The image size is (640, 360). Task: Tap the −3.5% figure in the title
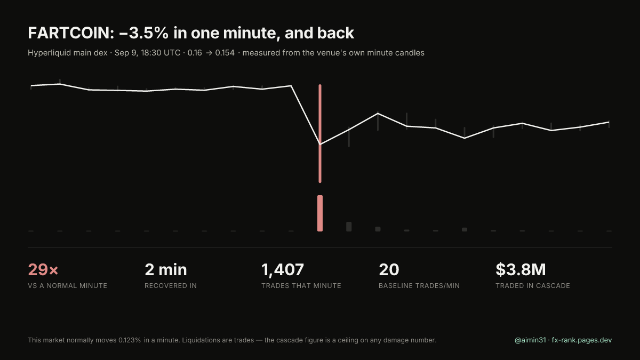click(x=143, y=33)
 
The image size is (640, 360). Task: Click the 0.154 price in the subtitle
click(x=225, y=53)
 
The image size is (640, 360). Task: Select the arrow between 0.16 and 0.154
click(x=209, y=53)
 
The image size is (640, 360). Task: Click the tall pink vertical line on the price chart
click(x=320, y=133)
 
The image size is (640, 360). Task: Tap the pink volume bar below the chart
click(x=320, y=213)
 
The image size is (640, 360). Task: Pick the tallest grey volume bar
click(x=349, y=227)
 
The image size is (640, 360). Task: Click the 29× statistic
click(x=43, y=270)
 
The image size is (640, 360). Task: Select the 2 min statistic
click(x=166, y=270)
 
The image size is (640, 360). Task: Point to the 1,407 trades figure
click(x=283, y=270)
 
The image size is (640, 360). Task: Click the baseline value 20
click(x=389, y=270)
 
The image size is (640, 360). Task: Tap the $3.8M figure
click(x=521, y=270)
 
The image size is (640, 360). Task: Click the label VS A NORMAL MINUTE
click(x=67, y=286)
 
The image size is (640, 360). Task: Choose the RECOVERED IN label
click(x=171, y=286)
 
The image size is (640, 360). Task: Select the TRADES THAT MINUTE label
click(x=301, y=286)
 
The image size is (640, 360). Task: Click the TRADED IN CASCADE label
click(x=533, y=286)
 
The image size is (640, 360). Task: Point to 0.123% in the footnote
click(x=130, y=340)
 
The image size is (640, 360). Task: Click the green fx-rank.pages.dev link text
click(x=582, y=340)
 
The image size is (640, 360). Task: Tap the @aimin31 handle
click(x=530, y=340)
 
